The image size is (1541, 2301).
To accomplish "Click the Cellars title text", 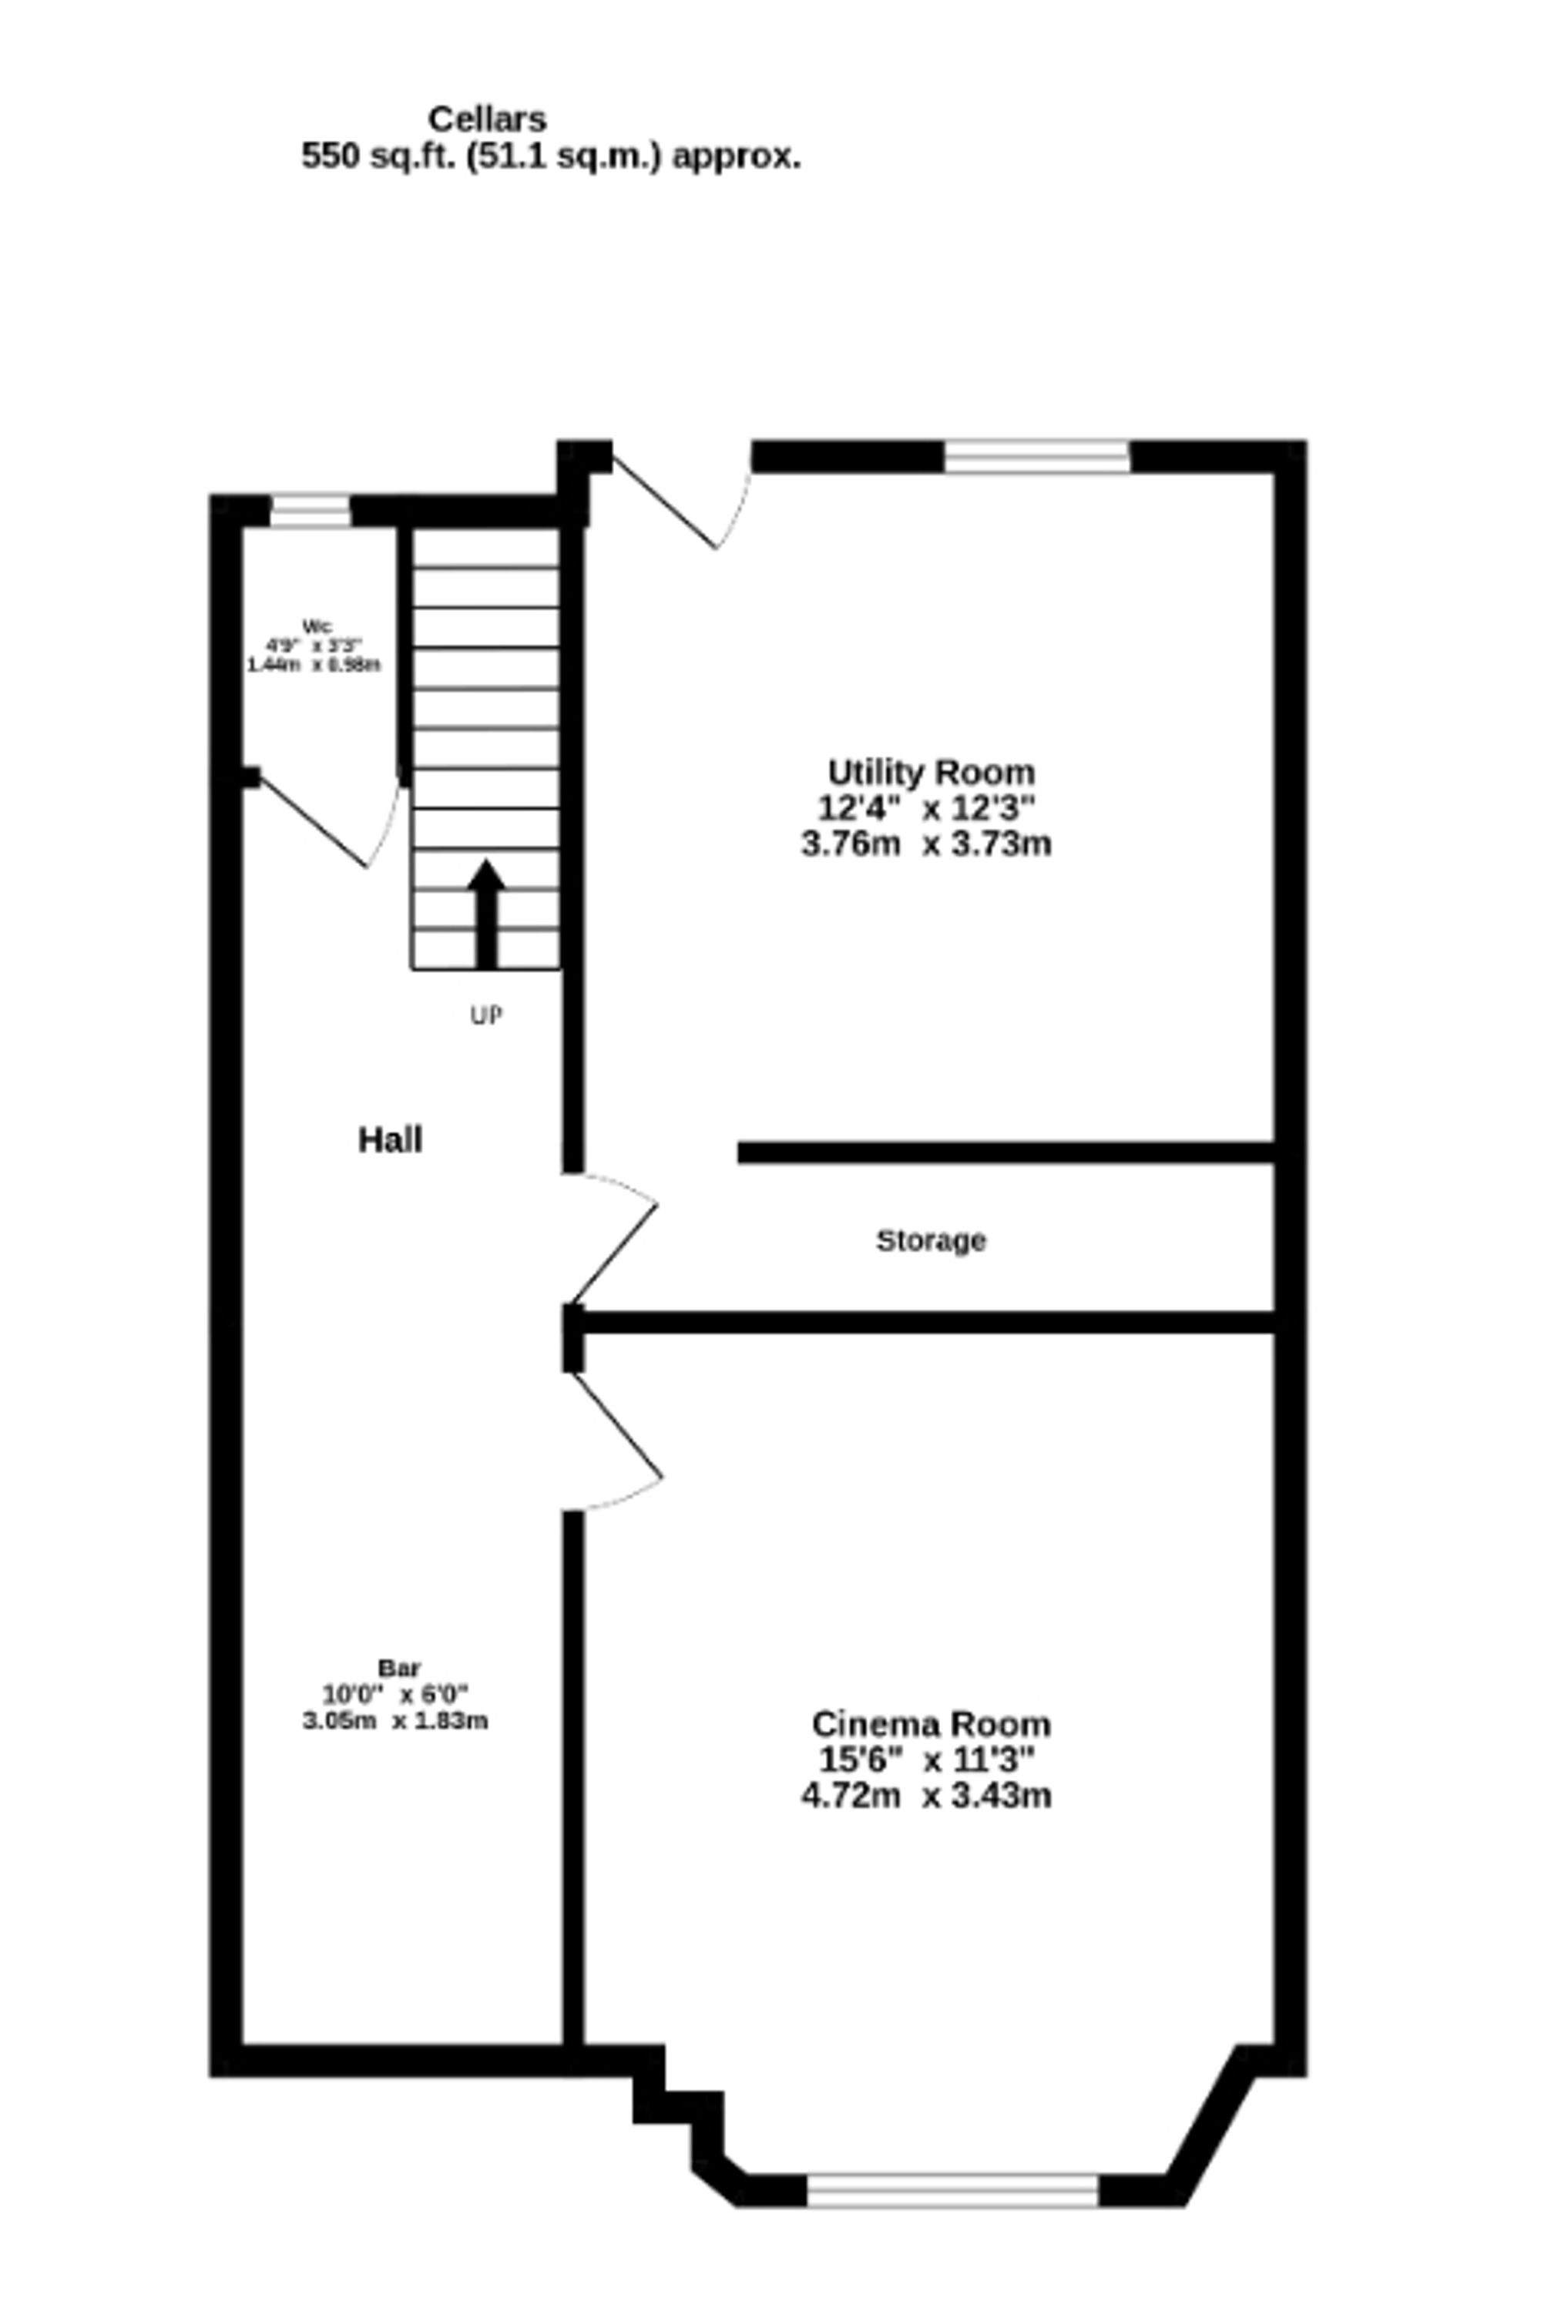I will tap(488, 120).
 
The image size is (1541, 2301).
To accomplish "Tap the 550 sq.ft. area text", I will tap(550, 156).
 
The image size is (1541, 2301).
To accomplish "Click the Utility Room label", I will tap(931, 772).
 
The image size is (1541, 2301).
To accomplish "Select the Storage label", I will tap(931, 1241).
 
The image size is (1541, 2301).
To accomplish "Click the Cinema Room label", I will tap(931, 1723).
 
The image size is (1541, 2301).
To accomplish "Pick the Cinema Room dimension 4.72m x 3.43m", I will tap(926, 1795).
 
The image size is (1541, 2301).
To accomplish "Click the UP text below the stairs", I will tap(486, 1016).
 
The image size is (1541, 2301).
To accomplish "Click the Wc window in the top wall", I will tap(311, 511).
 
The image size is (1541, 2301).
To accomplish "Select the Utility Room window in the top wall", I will tap(1037, 457).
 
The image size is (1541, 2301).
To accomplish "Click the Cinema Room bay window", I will tap(952, 2191).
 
